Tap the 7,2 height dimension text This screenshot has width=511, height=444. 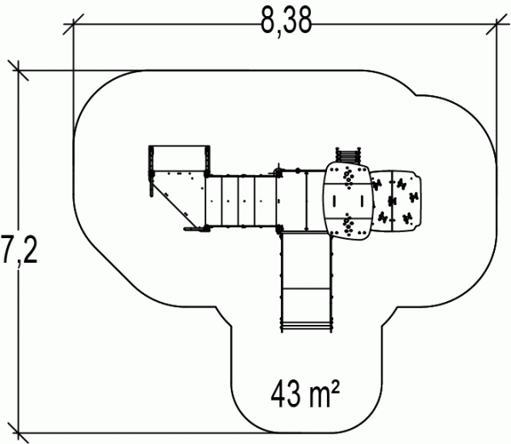[x=19, y=250]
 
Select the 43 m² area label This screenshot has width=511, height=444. [x=305, y=394]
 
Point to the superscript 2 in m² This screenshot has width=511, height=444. [x=336, y=386]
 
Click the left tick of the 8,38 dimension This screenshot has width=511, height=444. [x=73, y=24]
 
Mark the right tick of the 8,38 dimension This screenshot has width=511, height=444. [x=497, y=24]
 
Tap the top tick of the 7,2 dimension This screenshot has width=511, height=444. [x=18, y=71]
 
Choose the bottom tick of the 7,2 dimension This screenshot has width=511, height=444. [x=18, y=433]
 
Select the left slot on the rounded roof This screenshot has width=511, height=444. [x=334, y=201]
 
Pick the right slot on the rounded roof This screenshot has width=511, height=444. [x=362, y=201]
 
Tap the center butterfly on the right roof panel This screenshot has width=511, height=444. [x=392, y=202]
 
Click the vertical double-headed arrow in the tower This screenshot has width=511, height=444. [x=306, y=201]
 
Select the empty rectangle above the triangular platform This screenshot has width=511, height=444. [x=179, y=158]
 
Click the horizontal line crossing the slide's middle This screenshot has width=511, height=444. [x=306, y=288]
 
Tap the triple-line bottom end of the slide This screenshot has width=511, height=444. [x=307, y=327]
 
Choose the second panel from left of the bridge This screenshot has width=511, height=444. [x=230, y=201]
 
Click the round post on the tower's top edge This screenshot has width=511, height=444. [x=297, y=170]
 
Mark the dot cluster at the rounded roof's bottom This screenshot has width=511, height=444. [x=348, y=225]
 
